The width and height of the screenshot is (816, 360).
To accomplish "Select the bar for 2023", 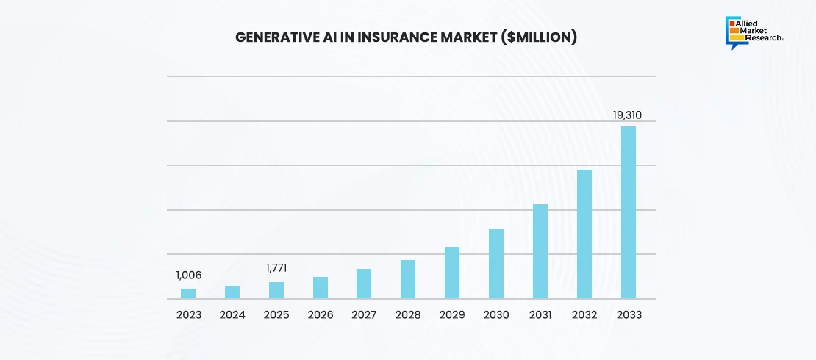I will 188,294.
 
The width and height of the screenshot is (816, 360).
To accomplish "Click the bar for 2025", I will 276,290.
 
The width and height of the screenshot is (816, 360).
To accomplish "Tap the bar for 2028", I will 408,280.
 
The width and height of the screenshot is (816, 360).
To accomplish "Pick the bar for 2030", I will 496,264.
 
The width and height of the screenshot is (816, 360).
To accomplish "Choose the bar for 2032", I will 584,234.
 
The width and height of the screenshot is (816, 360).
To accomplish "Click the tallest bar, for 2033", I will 629,213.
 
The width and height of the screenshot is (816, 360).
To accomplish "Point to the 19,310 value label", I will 628,115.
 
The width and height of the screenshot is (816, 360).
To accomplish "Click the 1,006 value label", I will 188,276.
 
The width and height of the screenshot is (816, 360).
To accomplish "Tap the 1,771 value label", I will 276,269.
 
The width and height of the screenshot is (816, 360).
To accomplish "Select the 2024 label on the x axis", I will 232,314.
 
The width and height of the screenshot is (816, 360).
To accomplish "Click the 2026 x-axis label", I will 321,314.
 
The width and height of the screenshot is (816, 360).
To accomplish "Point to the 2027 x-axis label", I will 364,314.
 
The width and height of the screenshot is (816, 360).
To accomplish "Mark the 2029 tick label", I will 452,314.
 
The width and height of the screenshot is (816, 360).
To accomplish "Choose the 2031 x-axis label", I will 540,314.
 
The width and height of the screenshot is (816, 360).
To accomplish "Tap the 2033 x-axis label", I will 629,314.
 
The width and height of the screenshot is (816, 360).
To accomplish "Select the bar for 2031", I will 540,251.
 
